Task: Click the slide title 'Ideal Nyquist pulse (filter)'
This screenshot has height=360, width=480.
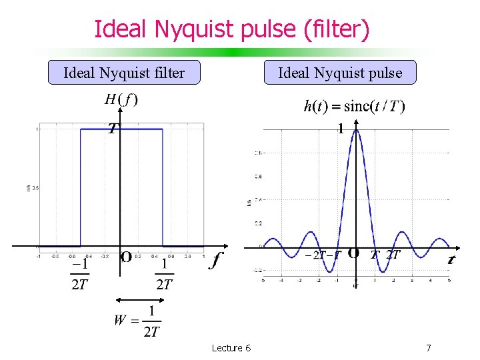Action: [231, 29]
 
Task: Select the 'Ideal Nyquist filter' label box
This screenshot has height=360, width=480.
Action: [124, 73]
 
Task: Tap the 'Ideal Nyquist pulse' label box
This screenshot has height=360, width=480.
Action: [340, 73]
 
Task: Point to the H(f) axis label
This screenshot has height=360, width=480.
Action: [121, 100]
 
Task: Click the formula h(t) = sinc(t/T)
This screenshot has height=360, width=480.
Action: [354, 105]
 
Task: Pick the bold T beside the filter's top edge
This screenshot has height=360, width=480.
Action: [113, 128]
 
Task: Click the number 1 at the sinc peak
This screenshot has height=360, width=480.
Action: [340, 129]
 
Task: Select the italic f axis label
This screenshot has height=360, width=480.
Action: [215, 260]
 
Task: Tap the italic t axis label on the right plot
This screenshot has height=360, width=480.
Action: [451, 260]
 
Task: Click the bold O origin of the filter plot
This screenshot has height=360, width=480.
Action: [125, 257]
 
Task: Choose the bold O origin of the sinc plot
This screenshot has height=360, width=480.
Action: [354, 253]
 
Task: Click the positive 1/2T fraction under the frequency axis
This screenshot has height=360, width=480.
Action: [163, 275]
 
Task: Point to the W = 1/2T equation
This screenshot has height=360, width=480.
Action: [137, 321]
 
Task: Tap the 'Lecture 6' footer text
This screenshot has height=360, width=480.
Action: [231, 347]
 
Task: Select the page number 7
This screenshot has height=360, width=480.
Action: [428, 347]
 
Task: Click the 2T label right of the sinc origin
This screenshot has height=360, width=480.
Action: [393, 254]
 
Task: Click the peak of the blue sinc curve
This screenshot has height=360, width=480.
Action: [356, 130]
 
